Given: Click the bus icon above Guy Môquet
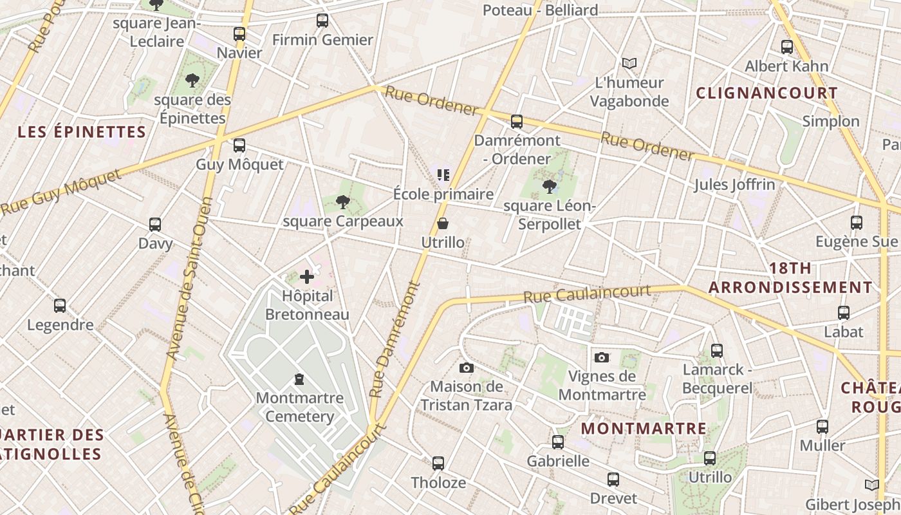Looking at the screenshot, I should pos(239,145).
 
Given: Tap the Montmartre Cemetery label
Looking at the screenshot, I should pos(299,407).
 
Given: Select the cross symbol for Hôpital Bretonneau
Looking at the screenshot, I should pos(307,277).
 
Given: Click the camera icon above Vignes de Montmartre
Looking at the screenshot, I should pos(602,357).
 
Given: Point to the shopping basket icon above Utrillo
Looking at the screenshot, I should pos(443,224).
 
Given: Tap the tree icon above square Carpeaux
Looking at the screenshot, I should pos(342,203).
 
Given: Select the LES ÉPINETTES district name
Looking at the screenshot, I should pos(82,133).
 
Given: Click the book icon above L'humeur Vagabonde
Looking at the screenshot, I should pos(629,63).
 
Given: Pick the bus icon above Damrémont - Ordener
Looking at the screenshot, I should pos(516,121).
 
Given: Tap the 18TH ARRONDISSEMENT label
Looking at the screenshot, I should pos(790,278).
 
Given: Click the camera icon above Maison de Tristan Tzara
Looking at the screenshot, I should pos(467,368).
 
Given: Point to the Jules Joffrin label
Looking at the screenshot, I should pos(734,185).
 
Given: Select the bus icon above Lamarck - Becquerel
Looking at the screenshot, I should pos(717,351).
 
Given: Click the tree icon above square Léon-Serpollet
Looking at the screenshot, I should pos(549,187).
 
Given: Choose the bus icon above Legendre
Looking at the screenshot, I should pos(60,306).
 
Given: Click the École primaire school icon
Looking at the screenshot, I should pos(443,175).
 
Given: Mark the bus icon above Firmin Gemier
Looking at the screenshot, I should pos(322,21).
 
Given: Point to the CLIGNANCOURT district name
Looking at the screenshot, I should pos(766,93).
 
